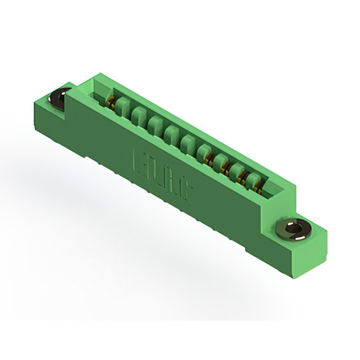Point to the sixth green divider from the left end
204,152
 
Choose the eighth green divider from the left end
236,170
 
